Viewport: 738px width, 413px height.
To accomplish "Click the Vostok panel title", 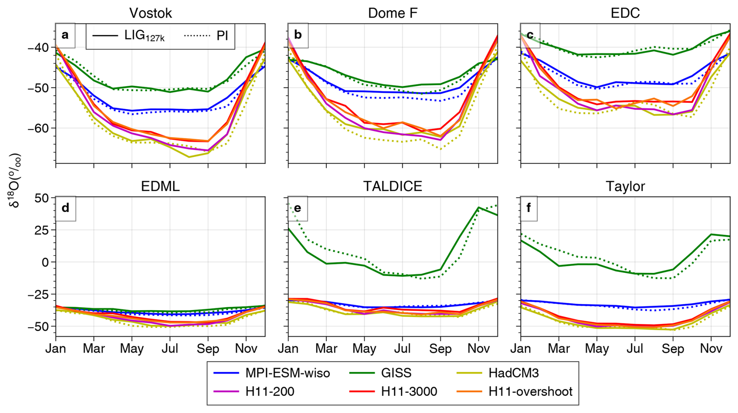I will pos(151,13).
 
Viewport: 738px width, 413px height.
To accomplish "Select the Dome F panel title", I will pos(392,13).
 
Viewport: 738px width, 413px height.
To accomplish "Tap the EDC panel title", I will pos(625,13).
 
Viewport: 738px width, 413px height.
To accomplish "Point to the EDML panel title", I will pos(160,186).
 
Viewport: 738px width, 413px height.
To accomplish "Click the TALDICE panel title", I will pos(392,186).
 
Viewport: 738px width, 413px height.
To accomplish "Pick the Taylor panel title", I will pos(625,186).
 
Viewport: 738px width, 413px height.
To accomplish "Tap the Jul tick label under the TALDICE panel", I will pos(402,349).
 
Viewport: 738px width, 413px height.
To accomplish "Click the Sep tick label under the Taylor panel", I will pos(672,349).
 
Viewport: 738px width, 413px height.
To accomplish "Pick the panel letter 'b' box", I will pos(298,35).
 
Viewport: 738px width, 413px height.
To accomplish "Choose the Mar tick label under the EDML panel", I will pos(94,349).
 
